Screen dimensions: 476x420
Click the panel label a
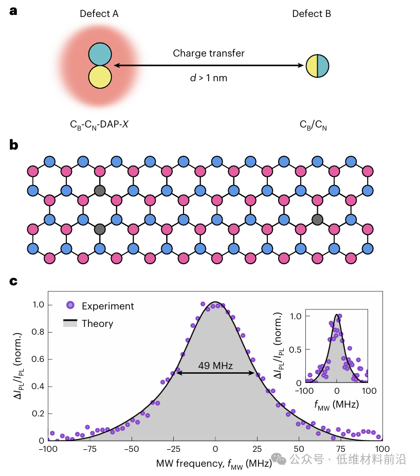point(14,10)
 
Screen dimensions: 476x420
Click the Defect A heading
point(99,14)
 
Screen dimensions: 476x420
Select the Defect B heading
point(312,14)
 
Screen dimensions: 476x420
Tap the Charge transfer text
point(208,53)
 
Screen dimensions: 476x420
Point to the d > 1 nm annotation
point(208,78)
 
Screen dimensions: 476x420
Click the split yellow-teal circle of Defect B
point(317,66)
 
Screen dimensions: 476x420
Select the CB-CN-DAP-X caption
point(99,124)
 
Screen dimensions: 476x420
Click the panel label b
point(14,145)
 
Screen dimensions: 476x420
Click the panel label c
point(14,281)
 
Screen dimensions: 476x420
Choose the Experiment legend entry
point(107,306)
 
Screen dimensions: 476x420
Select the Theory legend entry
point(97,323)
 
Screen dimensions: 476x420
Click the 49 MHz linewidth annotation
point(215,366)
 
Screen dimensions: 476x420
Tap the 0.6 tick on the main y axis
point(40,359)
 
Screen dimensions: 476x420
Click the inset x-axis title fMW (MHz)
point(336,405)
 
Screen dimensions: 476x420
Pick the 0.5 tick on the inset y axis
point(297,350)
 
